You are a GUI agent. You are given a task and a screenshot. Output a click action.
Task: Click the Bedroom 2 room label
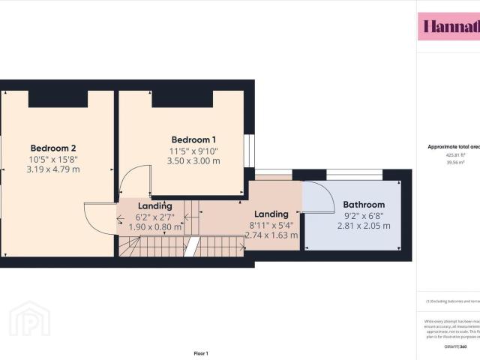click(x=53, y=148)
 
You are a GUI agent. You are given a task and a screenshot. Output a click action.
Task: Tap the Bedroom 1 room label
click(x=193, y=139)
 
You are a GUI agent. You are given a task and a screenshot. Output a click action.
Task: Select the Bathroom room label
click(x=364, y=205)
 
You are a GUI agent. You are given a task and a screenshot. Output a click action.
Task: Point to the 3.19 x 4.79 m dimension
click(x=53, y=169)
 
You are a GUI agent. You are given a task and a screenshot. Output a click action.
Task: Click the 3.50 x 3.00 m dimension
click(x=193, y=160)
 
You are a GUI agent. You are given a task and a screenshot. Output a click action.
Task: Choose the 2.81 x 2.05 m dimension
click(x=364, y=226)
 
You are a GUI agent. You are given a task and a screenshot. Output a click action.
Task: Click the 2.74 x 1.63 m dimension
click(x=271, y=235)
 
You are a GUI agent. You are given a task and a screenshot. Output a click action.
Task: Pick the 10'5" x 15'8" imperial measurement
click(x=53, y=158)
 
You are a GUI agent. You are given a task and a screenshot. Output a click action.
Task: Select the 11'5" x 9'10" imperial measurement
click(x=193, y=150)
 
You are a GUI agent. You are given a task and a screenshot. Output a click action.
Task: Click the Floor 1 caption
click(x=201, y=352)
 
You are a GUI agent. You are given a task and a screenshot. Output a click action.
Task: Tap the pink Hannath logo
click(x=448, y=27)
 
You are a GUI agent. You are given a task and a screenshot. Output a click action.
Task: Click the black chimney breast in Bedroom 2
click(x=58, y=98)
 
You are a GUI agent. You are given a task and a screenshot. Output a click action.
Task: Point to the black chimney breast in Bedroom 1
click(x=182, y=98)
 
